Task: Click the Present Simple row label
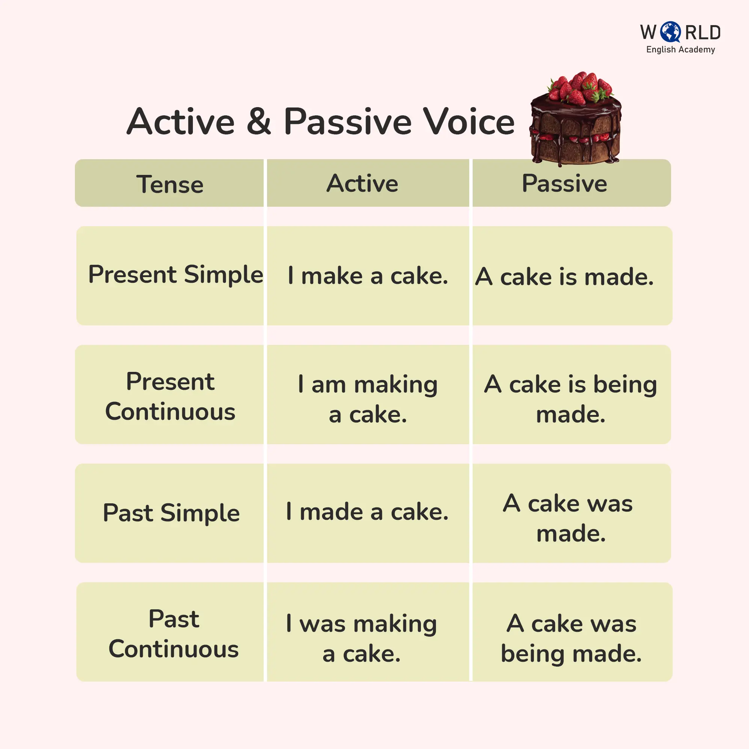pos(176,275)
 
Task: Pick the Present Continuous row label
pos(170,396)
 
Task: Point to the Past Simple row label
pos(171,513)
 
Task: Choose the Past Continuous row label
pos(173,634)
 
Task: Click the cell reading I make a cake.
pos(368,276)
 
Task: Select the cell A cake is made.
pos(564,277)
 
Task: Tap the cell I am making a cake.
pos(367,399)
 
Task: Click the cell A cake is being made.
pos(571,399)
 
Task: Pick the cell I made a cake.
pos(367,512)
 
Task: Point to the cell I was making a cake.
pos(361,638)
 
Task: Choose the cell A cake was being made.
pos(571,638)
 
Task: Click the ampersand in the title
pos(258,121)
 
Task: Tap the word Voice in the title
pos(469,121)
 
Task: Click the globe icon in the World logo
pos(670,32)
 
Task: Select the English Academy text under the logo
pos(680,50)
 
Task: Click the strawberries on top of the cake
pos(580,88)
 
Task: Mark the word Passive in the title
pos(348,121)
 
